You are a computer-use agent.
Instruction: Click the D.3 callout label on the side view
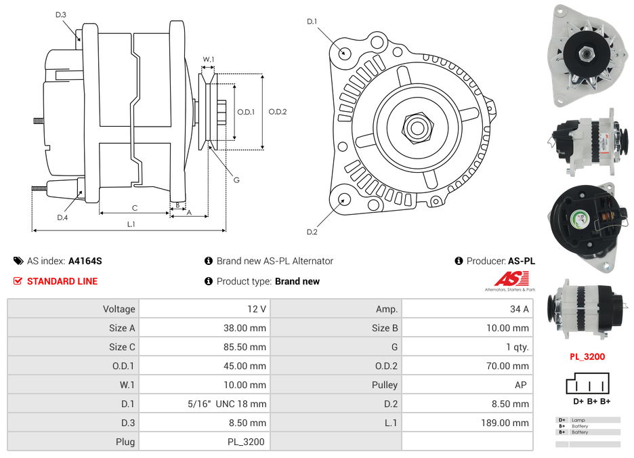(x=60, y=14)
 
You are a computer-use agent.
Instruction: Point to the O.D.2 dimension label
(x=278, y=112)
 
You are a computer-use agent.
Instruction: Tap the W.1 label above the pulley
(x=209, y=60)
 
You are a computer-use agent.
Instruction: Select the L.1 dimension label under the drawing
(x=131, y=224)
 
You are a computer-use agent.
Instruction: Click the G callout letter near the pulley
(x=236, y=180)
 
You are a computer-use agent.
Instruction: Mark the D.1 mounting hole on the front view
(x=344, y=52)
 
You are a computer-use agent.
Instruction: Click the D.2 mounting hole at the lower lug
(x=344, y=199)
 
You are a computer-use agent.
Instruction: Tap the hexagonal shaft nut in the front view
(x=417, y=126)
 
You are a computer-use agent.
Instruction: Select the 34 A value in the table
(x=519, y=309)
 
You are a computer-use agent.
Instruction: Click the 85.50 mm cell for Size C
(x=247, y=347)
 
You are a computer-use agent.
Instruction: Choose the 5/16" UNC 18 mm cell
(x=227, y=404)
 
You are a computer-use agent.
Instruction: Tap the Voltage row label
(x=119, y=309)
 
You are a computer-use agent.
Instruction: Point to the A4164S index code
(x=85, y=261)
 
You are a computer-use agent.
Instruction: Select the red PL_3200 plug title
(x=587, y=356)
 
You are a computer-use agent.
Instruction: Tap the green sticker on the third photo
(x=580, y=219)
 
